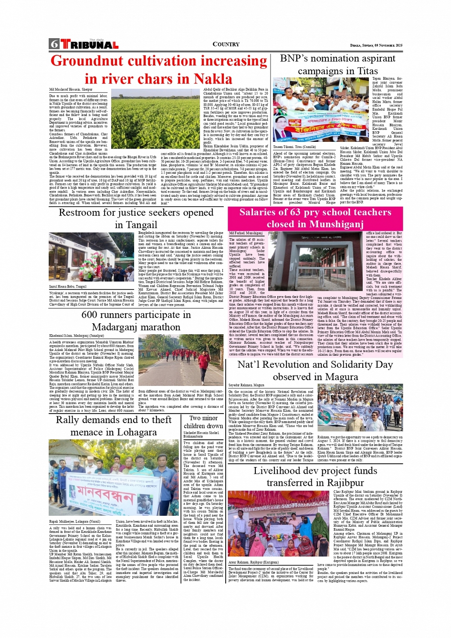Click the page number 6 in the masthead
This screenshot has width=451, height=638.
coord(54,44)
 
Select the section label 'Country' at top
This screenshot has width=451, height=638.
coord(226,44)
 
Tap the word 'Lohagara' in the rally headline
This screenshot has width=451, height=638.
coord(133,432)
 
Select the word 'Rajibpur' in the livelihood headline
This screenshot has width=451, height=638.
coord(337,482)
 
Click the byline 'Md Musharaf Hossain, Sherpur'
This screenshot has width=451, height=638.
coord(71,90)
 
